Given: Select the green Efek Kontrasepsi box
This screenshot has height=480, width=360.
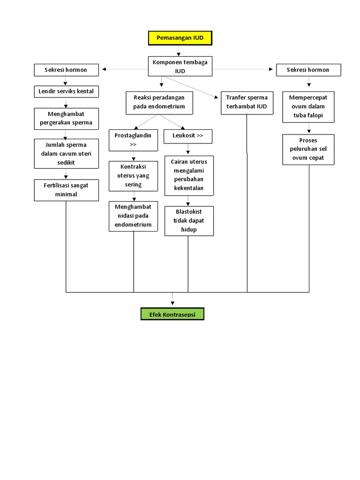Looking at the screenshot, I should coord(172,314).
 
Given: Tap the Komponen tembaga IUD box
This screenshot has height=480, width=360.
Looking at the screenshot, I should coord(180,66).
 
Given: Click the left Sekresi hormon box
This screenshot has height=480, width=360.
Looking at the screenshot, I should coord(66,70).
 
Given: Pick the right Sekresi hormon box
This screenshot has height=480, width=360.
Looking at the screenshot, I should coord(308,70).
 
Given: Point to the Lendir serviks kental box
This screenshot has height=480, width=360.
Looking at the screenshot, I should coord(66,91).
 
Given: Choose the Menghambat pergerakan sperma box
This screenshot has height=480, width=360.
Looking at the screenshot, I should coord(66,119).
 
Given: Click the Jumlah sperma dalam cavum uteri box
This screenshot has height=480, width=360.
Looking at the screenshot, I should coord(66,153).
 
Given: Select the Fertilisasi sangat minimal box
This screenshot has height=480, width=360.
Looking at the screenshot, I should coord(66,189).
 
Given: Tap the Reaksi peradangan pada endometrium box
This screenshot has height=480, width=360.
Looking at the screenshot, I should coord(159,102).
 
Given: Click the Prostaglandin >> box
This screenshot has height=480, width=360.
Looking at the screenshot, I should coord(133,140).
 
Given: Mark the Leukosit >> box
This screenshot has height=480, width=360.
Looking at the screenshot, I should coord(188,136).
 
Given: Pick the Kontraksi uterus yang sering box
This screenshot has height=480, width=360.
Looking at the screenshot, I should coord(133,176).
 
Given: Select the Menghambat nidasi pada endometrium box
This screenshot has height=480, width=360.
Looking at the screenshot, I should coord(133,216).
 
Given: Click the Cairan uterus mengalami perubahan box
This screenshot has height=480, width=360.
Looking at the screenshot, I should coord(188,175).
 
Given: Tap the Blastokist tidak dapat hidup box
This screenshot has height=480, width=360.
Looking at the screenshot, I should coord(188,221).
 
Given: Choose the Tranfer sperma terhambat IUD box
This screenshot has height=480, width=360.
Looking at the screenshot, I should coord(247,102).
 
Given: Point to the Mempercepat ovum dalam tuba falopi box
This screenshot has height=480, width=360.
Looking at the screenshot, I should coord(308,107).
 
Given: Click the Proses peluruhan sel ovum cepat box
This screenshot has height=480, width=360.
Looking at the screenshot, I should coord(308,150).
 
